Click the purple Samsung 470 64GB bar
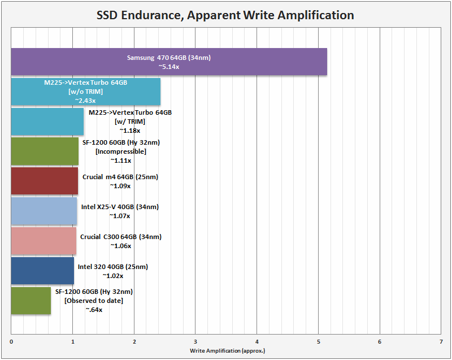(169, 62)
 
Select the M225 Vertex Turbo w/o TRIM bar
(85, 91)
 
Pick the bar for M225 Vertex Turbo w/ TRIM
(47, 122)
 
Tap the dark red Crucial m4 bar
(45, 181)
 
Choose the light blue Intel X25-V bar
(44, 211)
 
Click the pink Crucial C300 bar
(44, 241)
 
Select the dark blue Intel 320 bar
(42, 271)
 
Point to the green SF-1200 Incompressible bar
(45, 151)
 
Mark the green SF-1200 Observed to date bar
(31, 301)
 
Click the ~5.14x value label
(169, 67)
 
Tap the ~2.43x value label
(85, 100)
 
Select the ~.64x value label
(94, 310)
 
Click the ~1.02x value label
(112, 276)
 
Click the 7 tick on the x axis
(441, 342)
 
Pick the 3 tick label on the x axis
(195, 342)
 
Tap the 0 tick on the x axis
(11, 342)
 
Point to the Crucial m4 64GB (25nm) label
(120, 177)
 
